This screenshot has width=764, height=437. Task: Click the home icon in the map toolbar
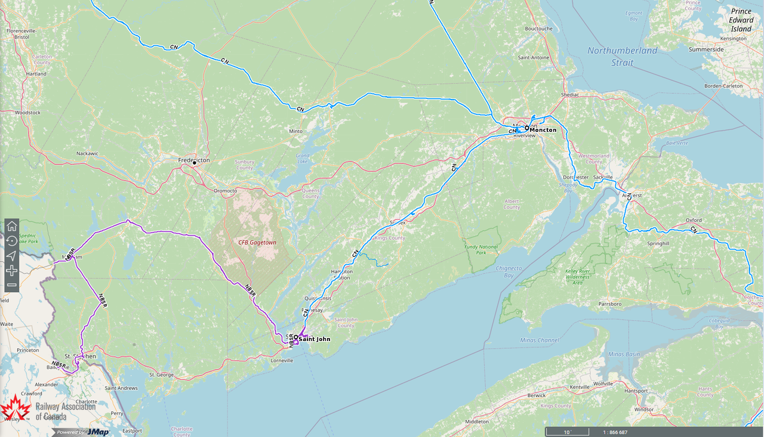11,227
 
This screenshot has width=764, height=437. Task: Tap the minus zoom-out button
11,285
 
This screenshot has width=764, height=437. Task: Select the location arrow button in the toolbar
11,256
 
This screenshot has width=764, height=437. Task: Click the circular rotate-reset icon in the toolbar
11,241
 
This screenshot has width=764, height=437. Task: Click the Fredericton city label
194,160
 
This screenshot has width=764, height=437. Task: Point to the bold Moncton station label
543,130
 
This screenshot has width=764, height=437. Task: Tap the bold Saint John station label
314,339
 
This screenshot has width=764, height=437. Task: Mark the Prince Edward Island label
741,20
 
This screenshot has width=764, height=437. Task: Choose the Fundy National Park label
480,249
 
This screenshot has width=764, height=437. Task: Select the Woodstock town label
27,112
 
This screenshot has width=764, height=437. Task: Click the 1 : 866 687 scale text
615,432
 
